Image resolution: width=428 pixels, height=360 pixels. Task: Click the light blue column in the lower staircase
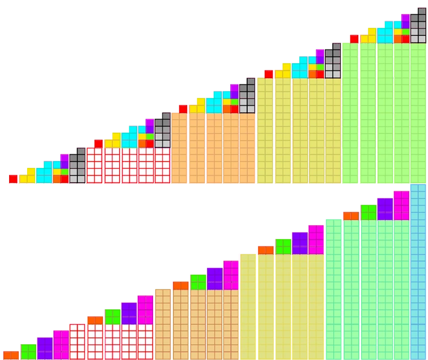pos(418,272)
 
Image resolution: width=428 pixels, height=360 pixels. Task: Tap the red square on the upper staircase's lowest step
pos(12,179)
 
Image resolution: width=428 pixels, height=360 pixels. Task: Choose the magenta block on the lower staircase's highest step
pos(401,205)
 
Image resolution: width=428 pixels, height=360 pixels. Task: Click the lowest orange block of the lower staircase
pos(11,355)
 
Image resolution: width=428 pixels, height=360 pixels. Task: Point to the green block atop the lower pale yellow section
pos(283,246)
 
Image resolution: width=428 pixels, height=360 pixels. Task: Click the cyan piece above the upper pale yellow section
pos(300,67)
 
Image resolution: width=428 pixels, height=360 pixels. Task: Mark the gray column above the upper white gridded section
pos(162,130)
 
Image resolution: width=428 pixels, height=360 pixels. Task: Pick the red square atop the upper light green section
pos(353,38)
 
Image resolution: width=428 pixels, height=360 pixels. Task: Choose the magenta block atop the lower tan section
pos(231,275)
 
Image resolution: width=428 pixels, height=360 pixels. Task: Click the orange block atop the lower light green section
pos(350,215)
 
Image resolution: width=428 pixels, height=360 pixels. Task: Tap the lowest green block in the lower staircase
pos(28,351)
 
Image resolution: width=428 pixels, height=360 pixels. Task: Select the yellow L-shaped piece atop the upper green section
pos(369,35)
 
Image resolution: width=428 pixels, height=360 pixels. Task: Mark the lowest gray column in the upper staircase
pos(77,166)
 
